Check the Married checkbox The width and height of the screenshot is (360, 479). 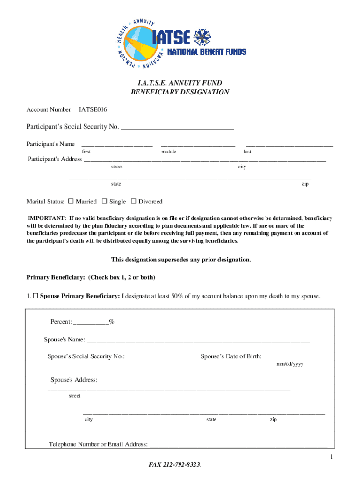pos(71,202)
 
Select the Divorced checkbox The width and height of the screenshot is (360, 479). pos(133,202)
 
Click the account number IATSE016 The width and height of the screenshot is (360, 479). pos(93,109)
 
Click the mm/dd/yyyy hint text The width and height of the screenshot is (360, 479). pos(290,364)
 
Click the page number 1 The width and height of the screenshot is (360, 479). pos(331,457)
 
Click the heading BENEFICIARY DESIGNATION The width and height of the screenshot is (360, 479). pos(180,92)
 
